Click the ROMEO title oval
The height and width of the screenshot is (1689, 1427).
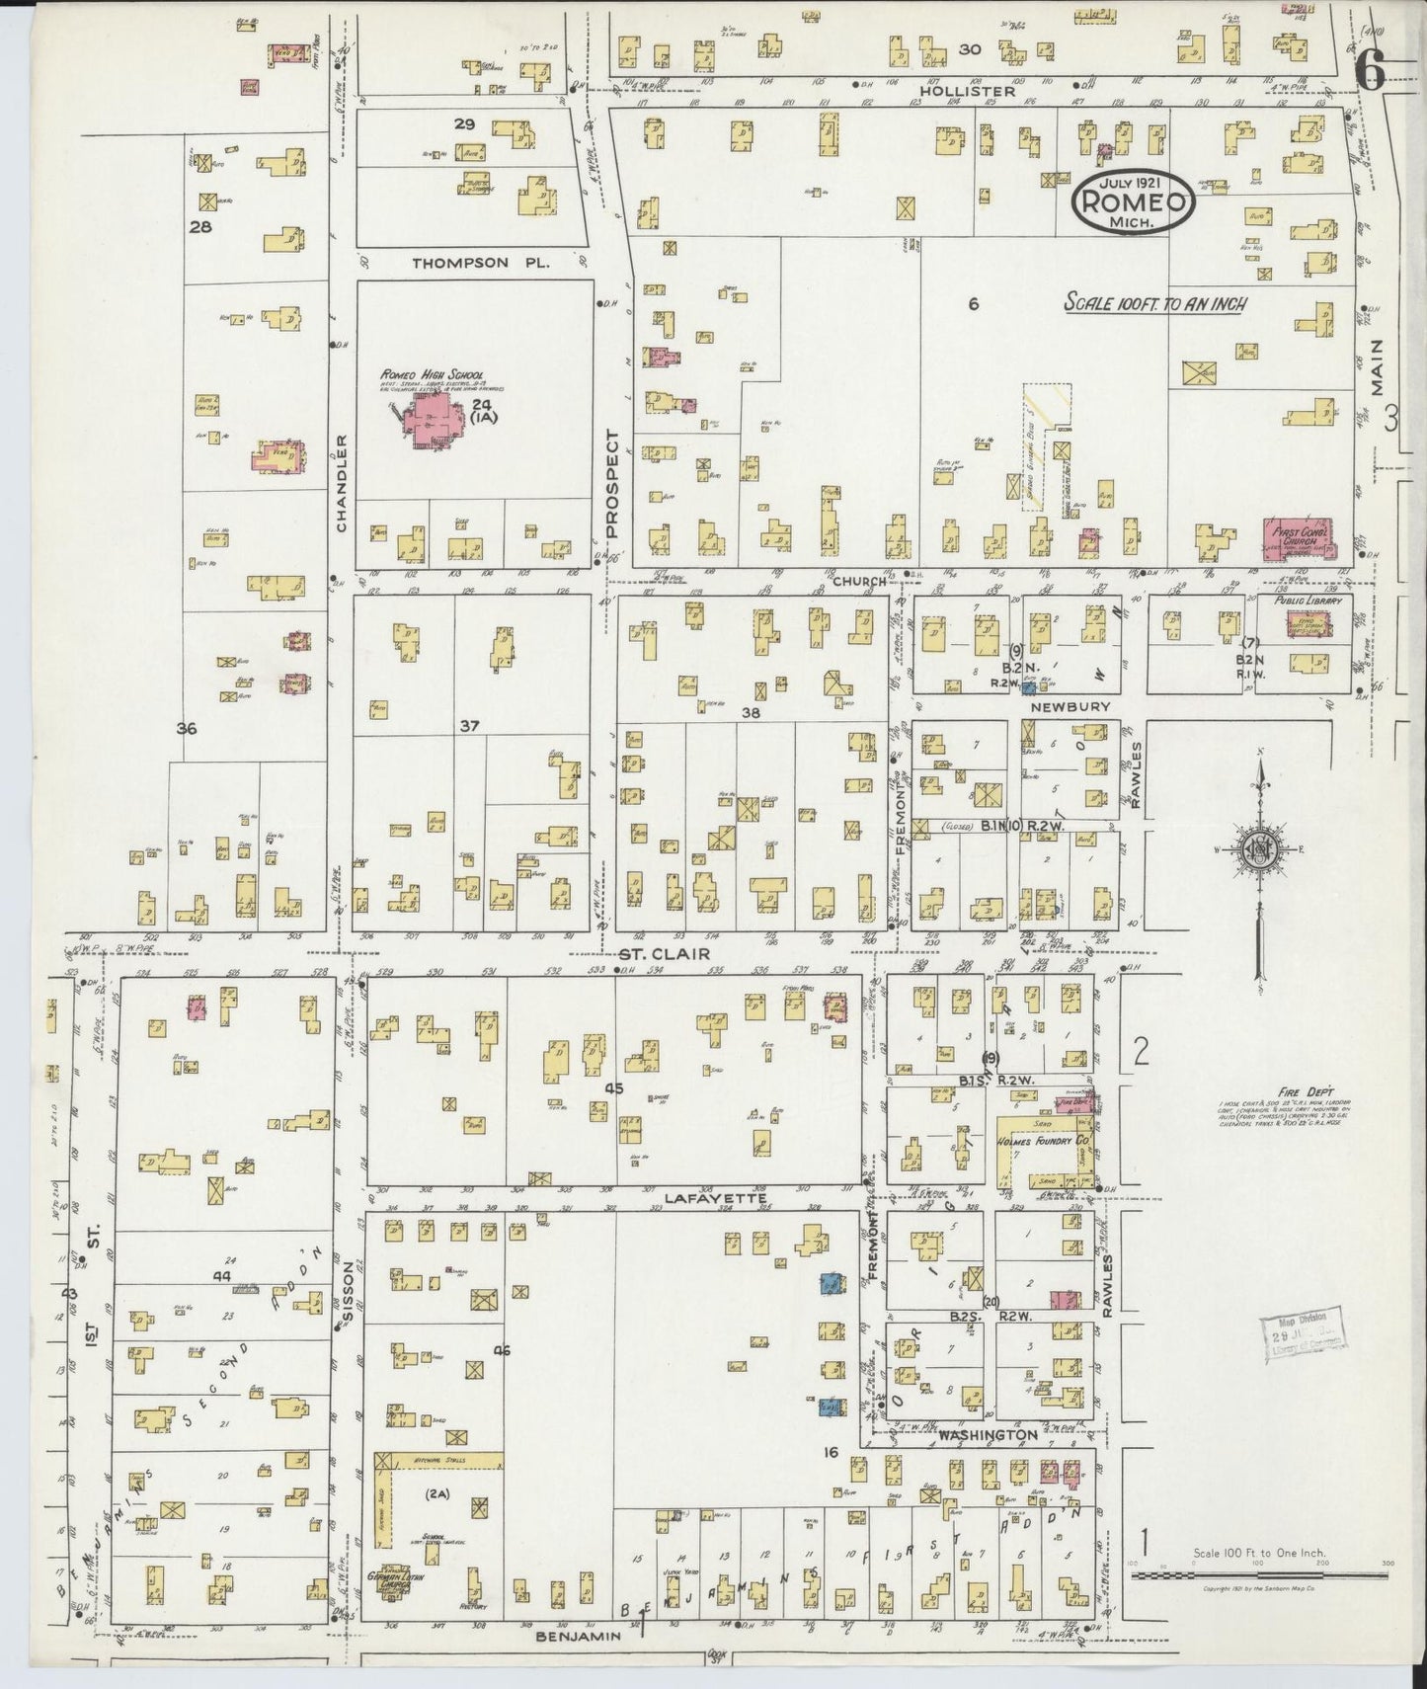[1134, 201]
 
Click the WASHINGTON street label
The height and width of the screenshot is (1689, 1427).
[988, 1434]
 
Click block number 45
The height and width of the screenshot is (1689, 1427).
[614, 1088]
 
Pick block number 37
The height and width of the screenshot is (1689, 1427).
[469, 726]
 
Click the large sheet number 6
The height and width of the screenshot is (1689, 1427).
[1371, 69]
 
